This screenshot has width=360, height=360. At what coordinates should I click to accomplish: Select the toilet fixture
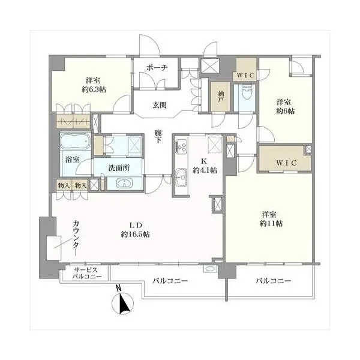click(x=247, y=92)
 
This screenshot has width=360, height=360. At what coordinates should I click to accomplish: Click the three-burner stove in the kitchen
click(x=181, y=146)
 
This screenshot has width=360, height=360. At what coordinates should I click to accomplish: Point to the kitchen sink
click(x=181, y=177)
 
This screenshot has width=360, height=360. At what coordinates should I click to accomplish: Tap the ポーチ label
click(x=157, y=68)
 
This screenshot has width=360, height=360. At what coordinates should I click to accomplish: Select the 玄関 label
click(x=160, y=106)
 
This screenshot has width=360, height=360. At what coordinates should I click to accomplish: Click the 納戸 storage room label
click(x=220, y=97)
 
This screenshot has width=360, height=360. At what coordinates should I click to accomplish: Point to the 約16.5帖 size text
click(x=136, y=234)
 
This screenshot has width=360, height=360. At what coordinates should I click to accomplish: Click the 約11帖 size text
click(x=271, y=223)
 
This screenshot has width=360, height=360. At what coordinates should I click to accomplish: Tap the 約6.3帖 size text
click(x=94, y=89)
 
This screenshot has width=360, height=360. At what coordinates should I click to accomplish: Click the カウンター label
click(x=76, y=238)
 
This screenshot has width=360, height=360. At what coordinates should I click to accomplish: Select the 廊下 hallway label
click(x=158, y=136)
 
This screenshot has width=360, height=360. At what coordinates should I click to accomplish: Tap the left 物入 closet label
click(x=64, y=185)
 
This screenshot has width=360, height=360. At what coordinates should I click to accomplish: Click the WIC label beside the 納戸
click(x=245, y=75)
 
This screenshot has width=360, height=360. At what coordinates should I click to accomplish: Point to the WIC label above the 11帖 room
click(x=286, y=163)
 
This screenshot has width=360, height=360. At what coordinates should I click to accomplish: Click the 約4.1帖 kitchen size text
click(x=205, y=170)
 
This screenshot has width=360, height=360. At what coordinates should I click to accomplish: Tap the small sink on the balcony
click(x=210, y=269)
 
